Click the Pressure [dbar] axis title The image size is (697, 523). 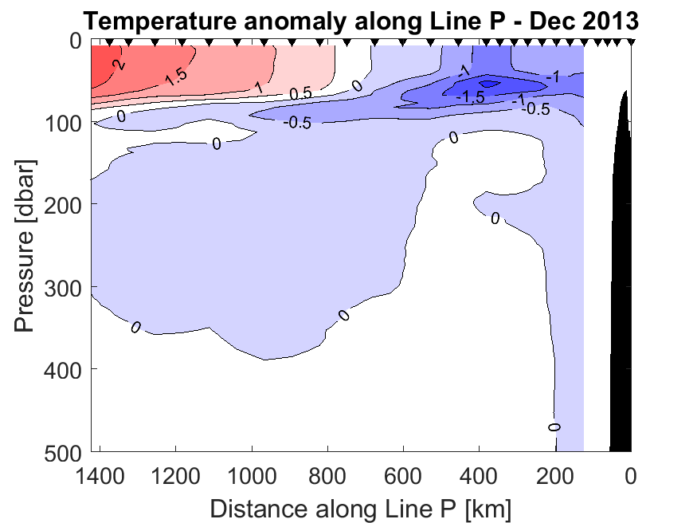point(25,246)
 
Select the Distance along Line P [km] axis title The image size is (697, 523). point(361,508)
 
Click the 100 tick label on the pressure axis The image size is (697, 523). point(63,124)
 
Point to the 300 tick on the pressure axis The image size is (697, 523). point(63,288)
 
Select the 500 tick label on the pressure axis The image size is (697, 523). point(63,451)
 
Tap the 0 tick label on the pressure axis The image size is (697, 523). point(77,41)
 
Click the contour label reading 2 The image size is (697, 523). point(119,65)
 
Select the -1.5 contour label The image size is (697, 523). point(470,97)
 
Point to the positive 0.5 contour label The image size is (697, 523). point(300,94)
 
